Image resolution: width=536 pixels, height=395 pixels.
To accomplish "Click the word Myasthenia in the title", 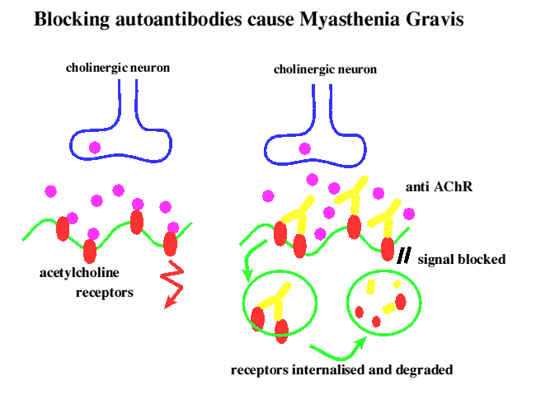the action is click(350, 20).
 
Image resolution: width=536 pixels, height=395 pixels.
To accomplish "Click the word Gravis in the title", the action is click(435, 19).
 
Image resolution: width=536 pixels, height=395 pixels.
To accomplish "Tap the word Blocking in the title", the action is click(72, 20).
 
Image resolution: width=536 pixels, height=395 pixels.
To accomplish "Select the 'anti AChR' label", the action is click(439, 186).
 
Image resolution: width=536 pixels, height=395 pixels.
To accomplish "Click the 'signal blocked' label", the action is click(462, 259).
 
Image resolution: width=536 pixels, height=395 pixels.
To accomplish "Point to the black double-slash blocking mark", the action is click(404, 256).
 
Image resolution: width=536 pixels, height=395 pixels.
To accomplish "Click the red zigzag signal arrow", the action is click(174, 284).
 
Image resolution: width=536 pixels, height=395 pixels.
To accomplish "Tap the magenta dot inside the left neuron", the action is click(95, 148).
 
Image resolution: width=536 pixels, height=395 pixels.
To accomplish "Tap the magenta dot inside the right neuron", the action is click(304, 148).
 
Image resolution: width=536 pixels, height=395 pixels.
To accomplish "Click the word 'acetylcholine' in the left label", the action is click(79, 273).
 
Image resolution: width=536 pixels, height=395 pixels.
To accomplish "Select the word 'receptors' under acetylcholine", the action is click(105, 293).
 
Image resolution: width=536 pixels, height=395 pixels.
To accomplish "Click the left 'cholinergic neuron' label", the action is click(118, 68).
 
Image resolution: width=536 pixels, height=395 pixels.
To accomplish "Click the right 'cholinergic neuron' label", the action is click(325, 69).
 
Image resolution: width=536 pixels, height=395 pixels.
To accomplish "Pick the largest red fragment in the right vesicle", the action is click(401, 302).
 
